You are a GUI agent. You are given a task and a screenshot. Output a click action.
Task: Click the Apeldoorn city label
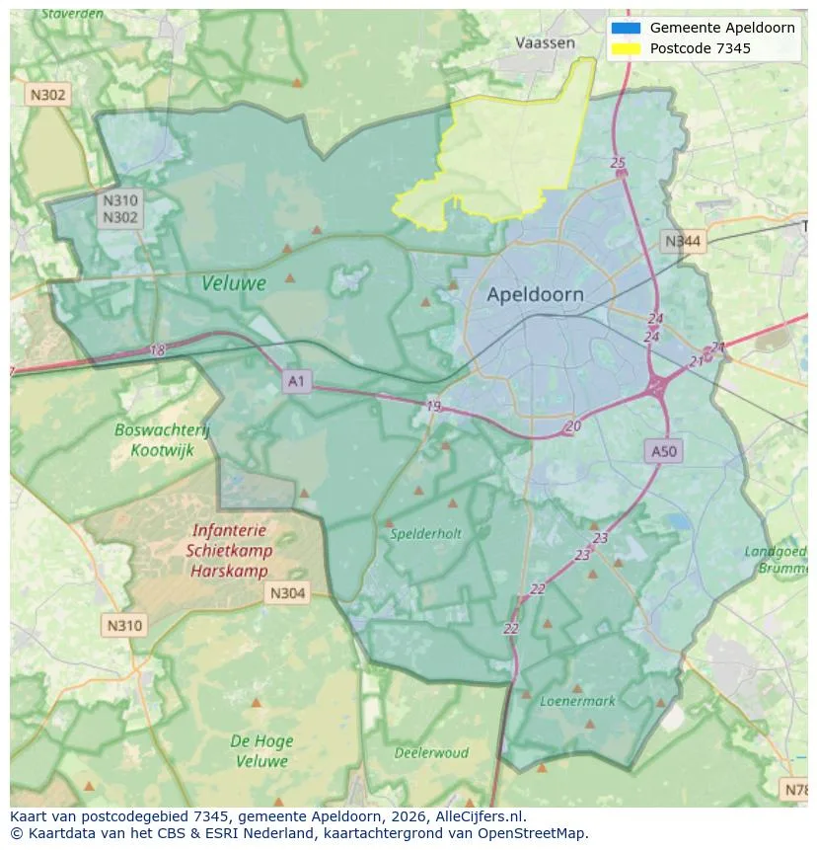(535, 294)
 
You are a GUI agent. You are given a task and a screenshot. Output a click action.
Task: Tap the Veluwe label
(234, 283)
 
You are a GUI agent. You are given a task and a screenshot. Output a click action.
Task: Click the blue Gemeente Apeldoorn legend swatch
(626, 28)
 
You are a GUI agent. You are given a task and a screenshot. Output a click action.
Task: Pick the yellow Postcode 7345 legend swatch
(626, 48)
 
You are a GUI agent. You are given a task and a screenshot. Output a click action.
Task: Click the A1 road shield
(296, 380)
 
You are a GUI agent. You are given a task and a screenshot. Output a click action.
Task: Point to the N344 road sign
(683, 241)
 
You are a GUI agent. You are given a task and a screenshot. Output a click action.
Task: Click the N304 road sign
(286, 593)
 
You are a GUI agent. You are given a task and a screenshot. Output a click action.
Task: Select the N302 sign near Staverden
(47, 95)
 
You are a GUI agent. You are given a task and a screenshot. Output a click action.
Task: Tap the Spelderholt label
(425, 533)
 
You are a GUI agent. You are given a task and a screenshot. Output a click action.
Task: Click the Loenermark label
(577, 701)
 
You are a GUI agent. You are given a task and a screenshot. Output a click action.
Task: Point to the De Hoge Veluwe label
(260, 750)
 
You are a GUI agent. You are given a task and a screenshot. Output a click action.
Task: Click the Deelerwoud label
(431, 752)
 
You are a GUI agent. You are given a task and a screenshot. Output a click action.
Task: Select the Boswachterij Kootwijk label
(162, 440)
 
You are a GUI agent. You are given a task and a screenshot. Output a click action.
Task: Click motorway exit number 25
(618, 163)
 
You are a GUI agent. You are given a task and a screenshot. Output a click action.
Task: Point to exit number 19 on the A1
(434, 406)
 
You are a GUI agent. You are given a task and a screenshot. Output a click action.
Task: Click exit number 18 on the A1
(158, 350)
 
